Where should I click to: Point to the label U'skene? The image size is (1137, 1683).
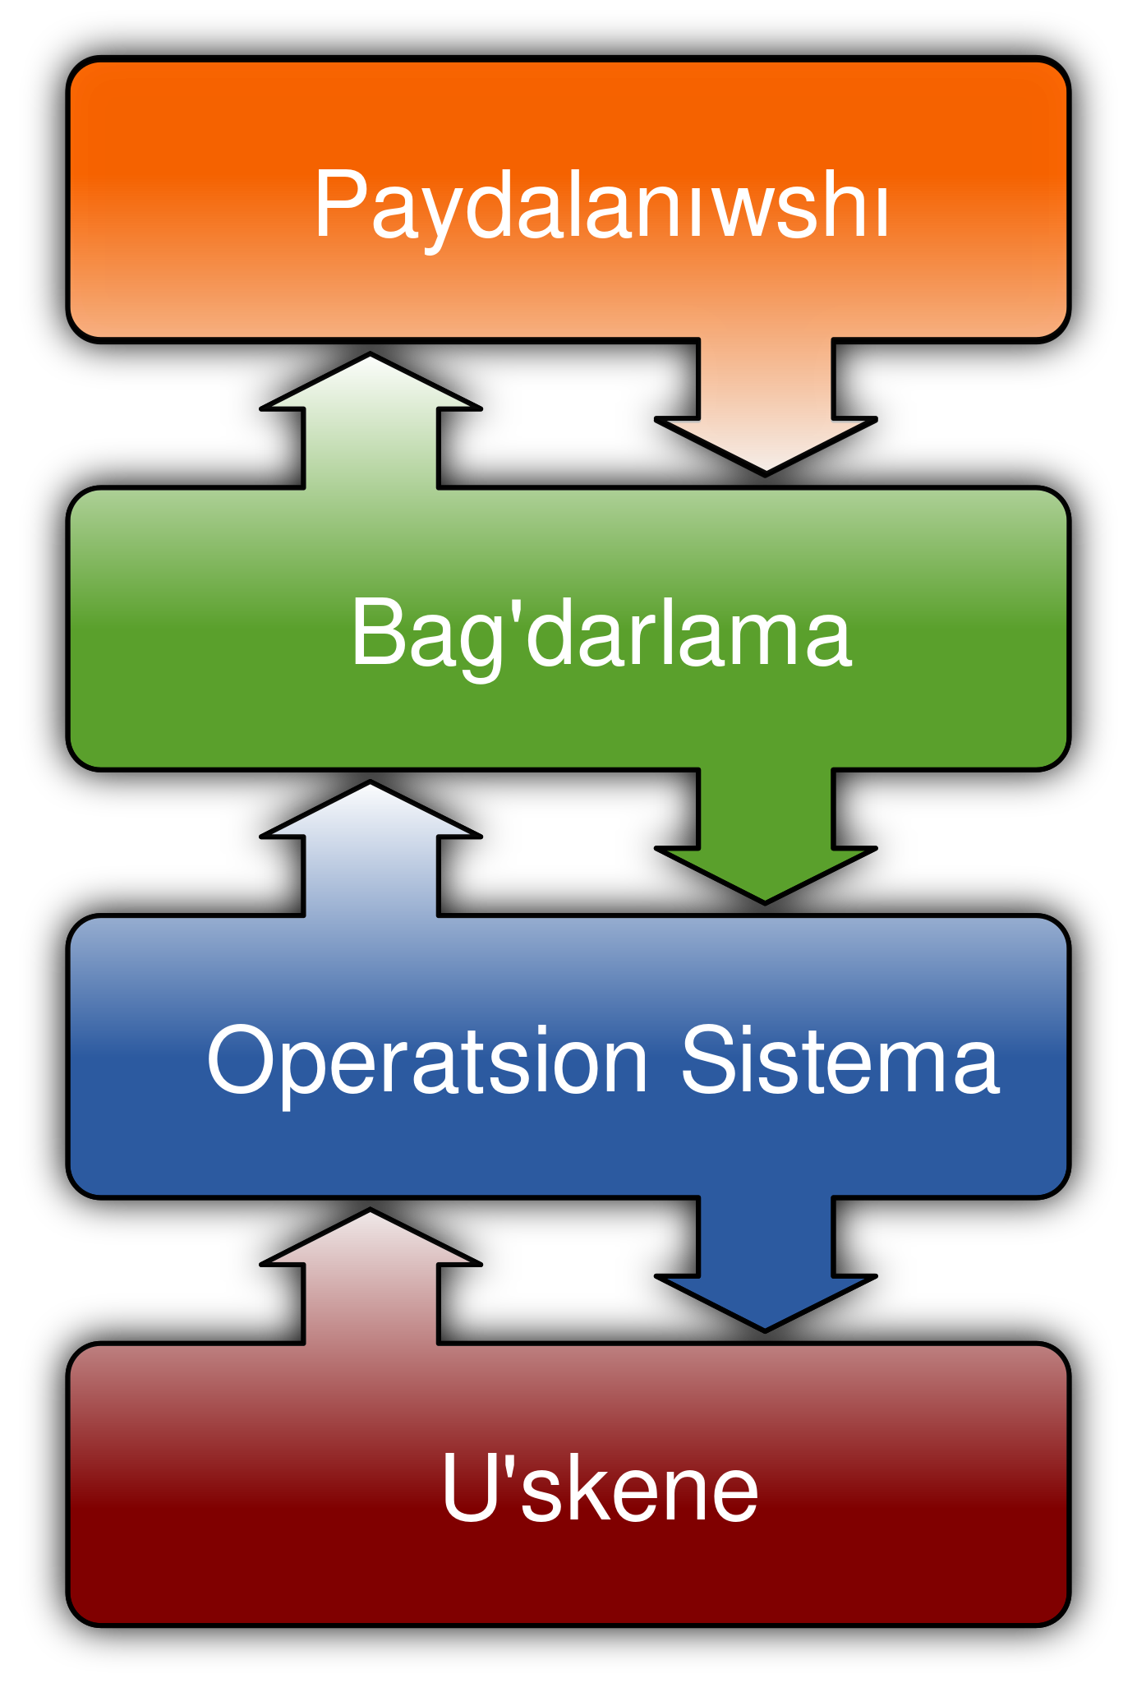click(600, 1487)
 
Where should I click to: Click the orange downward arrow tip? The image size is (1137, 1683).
click(766, 465)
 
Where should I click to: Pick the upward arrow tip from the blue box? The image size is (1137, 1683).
click(371, 790)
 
